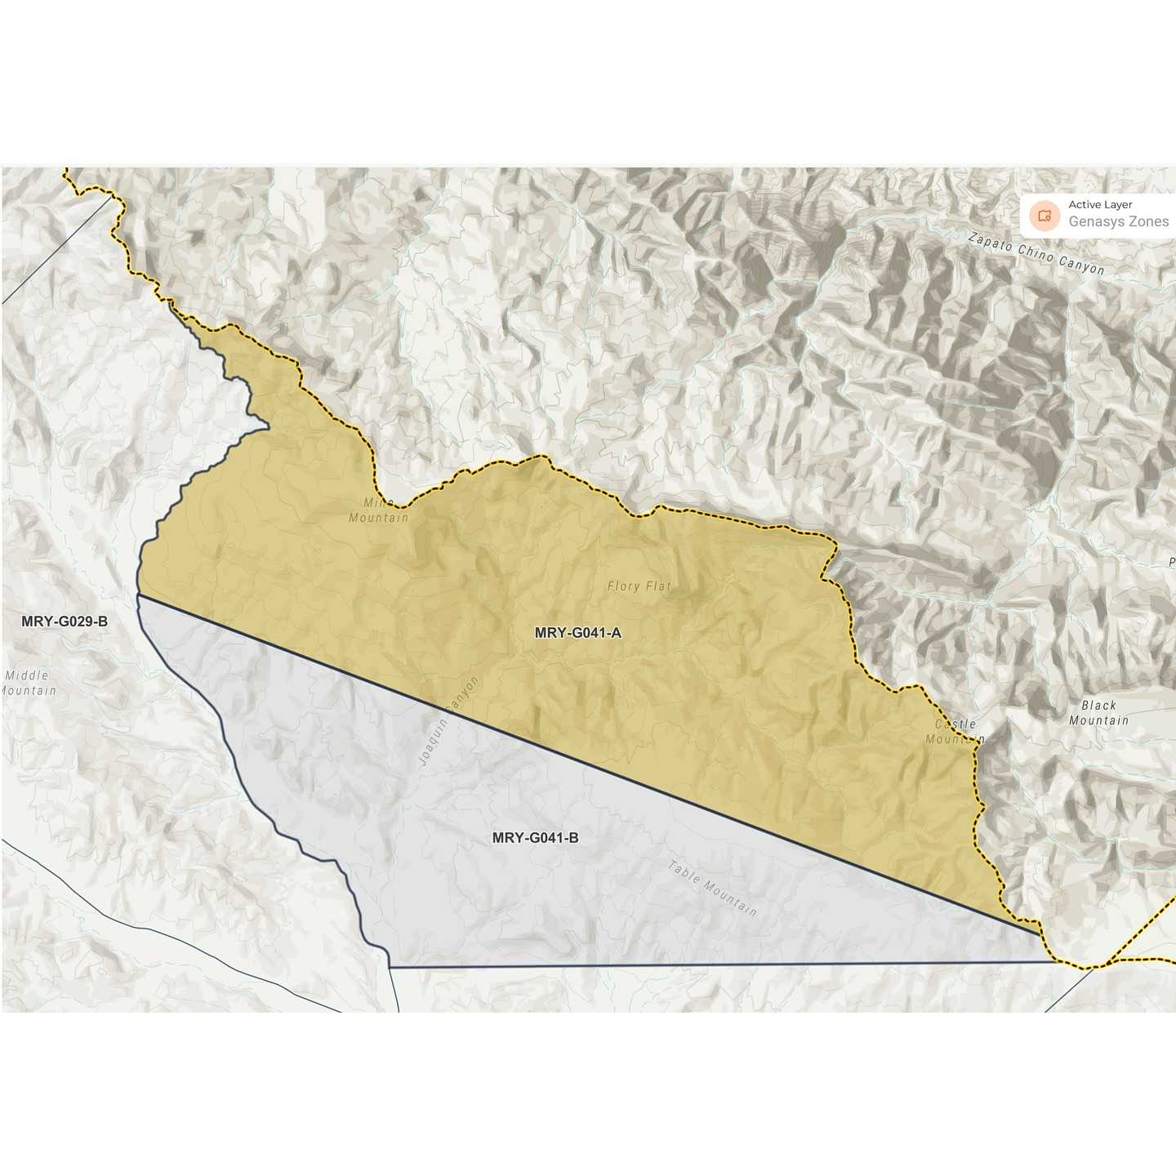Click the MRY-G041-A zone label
577,632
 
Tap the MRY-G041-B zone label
535,838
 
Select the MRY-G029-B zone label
65,621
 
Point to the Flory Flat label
639,586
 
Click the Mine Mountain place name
378,510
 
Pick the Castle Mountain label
955,732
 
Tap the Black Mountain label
1098,713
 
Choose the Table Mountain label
712,888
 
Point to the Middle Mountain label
28,683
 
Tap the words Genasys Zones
1118,221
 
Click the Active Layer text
1100,205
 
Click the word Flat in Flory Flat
657,586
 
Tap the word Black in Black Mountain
1098,705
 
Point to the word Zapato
990,241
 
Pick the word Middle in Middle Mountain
27,675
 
